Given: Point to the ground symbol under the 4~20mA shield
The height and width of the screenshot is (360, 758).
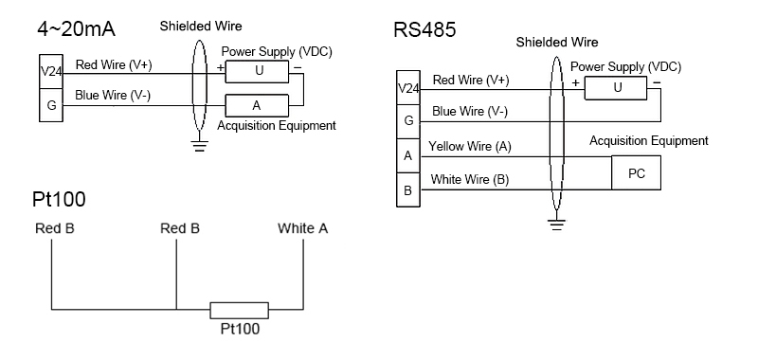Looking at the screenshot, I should coord(198,145).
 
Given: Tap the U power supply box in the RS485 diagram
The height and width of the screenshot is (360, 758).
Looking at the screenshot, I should coord(617,87).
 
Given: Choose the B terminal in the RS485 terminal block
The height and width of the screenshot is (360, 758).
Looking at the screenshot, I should coord(406,190).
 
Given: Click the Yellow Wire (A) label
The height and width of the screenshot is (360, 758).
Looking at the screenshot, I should coord(469,147).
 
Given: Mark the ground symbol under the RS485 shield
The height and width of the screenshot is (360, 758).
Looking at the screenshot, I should coord(556,224).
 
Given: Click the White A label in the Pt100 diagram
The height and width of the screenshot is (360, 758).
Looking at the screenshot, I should coord(304,229).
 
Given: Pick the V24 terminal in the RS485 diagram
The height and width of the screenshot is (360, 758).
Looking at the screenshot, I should coord(406,89).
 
